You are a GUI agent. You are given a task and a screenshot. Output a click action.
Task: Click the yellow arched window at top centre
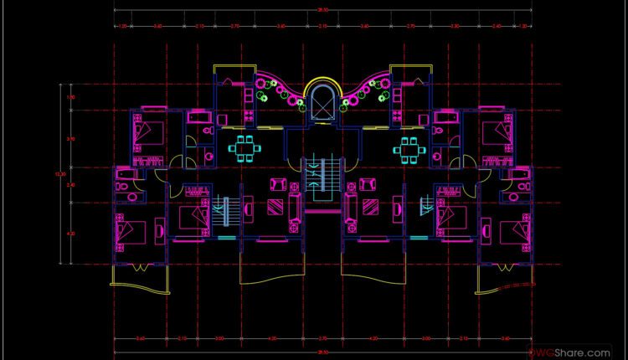322,102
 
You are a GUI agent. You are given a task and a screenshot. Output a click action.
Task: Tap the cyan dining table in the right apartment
409,149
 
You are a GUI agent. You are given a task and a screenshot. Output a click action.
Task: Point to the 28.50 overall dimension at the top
322,9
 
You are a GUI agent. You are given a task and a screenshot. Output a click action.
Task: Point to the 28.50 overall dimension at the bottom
322,352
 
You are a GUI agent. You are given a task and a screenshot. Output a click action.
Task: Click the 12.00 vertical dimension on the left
59,174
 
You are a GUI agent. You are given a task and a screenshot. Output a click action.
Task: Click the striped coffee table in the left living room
273,206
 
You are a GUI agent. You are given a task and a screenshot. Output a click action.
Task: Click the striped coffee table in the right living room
371,206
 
